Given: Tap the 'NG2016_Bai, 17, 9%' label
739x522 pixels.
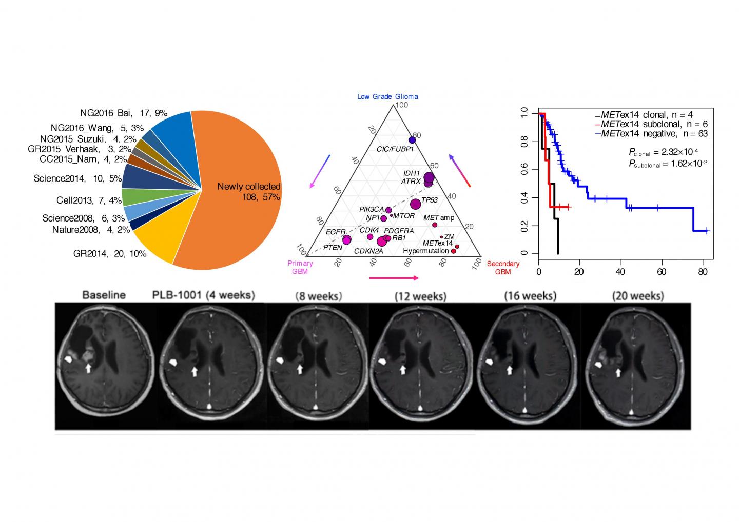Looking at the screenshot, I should (x=124, y=113).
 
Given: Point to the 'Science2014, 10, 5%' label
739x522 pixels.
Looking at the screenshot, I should (x=77, y=178).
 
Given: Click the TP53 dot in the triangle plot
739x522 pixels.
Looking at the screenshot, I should (x=415, y=204).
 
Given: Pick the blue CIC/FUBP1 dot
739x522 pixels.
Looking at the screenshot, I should (x=412, y=140).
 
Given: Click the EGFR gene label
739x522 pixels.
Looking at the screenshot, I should (x=336, y=232).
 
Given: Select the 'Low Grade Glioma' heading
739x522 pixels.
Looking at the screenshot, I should (x=387, y=96).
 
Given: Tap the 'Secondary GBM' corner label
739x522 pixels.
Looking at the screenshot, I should (x=503, y=268).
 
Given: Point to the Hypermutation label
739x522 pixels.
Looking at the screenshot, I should (x=426, y=251).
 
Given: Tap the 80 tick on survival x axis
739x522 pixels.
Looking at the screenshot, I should (x=703, y=272).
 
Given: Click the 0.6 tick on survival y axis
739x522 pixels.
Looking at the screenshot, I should (x=523, y=169).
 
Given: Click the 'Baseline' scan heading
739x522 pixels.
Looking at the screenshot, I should (x=104, y=295).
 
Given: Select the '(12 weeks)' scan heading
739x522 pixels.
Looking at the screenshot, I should (x=420, y=296).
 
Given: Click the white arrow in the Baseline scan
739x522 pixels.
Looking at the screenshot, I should (x=88, y=368).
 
